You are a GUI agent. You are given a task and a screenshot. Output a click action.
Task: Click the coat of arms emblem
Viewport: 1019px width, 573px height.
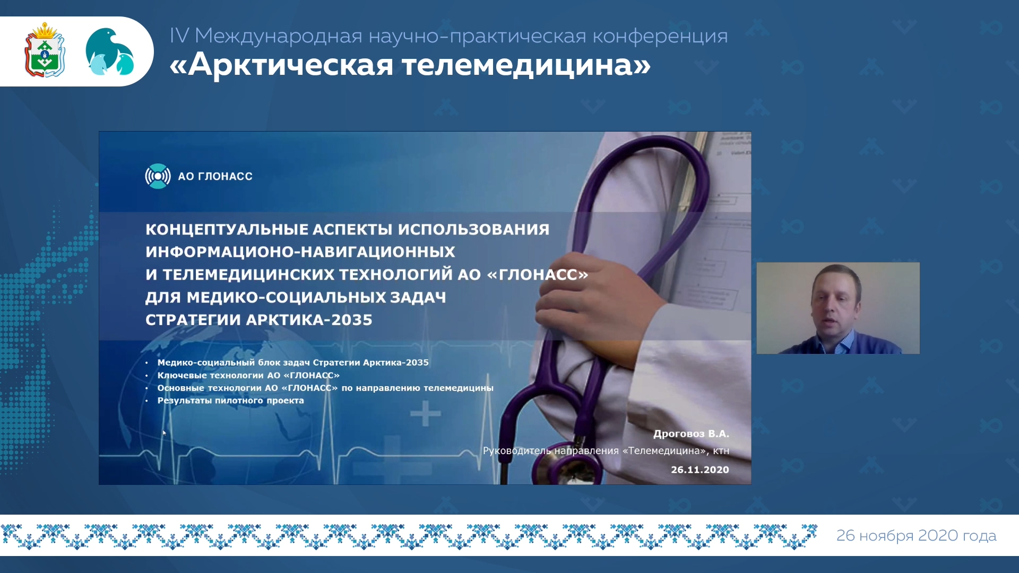click(x=45, y=50)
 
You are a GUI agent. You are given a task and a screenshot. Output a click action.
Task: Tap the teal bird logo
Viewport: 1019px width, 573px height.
click(x=109, y=51)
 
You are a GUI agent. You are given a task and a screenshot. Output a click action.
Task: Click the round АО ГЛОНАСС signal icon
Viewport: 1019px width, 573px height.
click(x=158, y=176)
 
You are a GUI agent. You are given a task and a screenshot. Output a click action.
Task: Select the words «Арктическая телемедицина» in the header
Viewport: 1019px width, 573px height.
click(x=410, y=65)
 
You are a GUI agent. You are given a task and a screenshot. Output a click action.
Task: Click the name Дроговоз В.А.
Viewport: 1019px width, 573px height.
click(x=691, y=433)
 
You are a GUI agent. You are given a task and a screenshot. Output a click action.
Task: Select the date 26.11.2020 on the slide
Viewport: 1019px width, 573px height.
click(x=700, y=470)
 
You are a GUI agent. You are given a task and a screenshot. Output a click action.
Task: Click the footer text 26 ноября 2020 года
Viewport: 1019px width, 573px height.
click(x=917, y=535)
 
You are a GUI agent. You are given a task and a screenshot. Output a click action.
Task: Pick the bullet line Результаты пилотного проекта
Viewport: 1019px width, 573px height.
click(x=231, y=401)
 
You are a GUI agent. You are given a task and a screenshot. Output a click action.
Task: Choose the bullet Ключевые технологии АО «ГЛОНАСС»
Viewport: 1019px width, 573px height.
click(x=248, y=375)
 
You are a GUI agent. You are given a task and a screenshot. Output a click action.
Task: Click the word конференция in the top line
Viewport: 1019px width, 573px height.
click(x=660, y=36)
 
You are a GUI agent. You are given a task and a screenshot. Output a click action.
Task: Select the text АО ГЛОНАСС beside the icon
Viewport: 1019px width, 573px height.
click(x=215, y=176)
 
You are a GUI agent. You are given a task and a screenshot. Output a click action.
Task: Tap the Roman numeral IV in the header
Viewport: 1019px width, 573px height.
click(x=179, y=36)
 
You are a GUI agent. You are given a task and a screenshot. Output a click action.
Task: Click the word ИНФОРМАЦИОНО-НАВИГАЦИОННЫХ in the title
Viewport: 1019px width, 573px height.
click(x=300, y=252)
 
